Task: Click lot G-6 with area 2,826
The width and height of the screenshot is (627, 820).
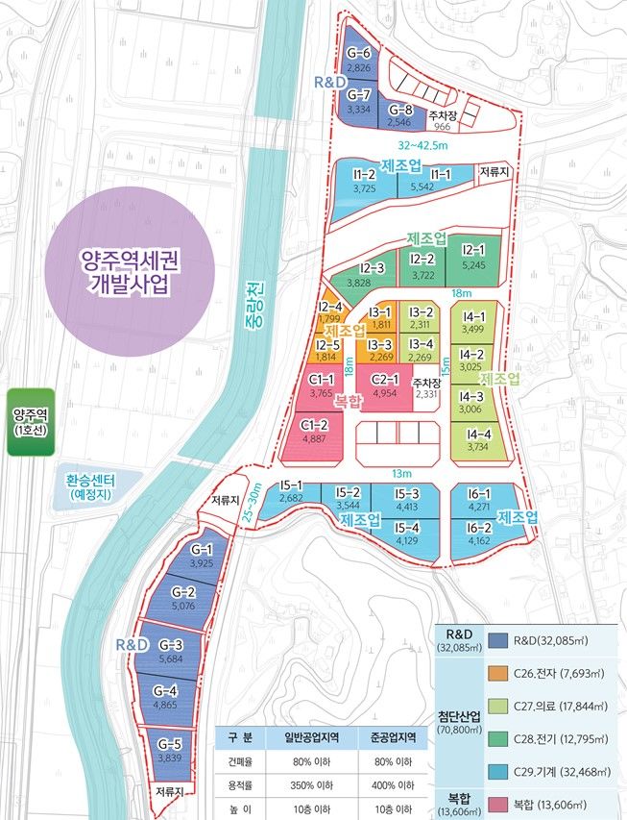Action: [359, 60]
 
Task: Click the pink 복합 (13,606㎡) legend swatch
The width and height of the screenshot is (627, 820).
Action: [497, 804]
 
